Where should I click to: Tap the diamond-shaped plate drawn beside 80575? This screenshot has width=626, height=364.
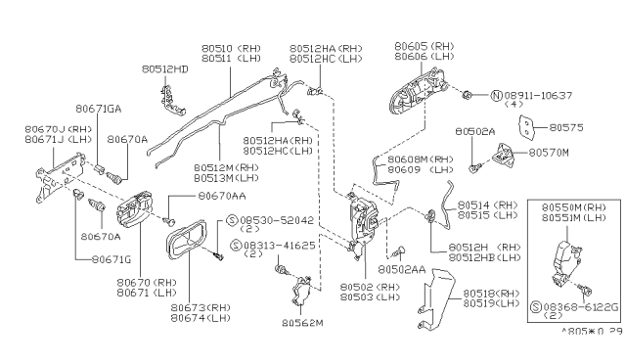pos(528,128)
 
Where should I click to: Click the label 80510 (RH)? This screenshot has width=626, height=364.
pos(231,47)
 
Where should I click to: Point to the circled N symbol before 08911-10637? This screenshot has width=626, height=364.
pos(496,95)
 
